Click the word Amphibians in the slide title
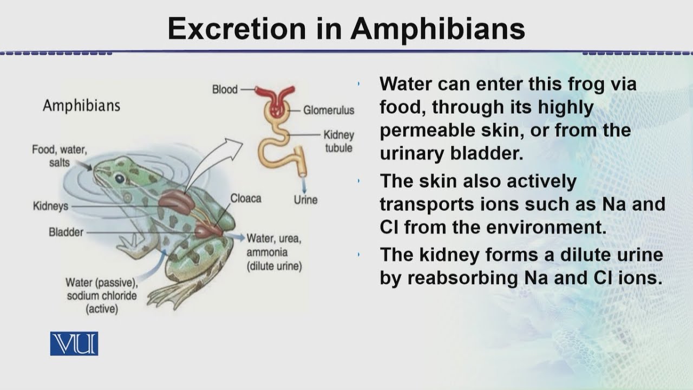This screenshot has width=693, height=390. click(x=437, y=29)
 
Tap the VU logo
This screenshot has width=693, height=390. click(x=74, y=343)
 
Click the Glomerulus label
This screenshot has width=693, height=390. click(x=329, y=110)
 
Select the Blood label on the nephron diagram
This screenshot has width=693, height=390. click(x=225, y=89)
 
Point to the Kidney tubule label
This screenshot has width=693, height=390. click(x=339, y=141)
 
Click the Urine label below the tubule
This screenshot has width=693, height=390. click(x=306, y=200)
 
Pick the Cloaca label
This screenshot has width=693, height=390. click(x=246, y=198)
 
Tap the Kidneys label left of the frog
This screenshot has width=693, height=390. click(x=51, y=206)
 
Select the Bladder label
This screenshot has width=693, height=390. click(x=66, y=232)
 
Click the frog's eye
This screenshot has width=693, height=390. click(x=120, y=179)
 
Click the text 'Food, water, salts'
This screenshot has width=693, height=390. click(x=60, y=156)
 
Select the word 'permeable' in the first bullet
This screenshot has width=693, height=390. click(x=427, y=131)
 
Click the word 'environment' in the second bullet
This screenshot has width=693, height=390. click(x=546, y=227)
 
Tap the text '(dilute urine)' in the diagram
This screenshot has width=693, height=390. click(x=274, y=266)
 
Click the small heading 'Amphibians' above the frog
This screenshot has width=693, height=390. click(x=82, y=106)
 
